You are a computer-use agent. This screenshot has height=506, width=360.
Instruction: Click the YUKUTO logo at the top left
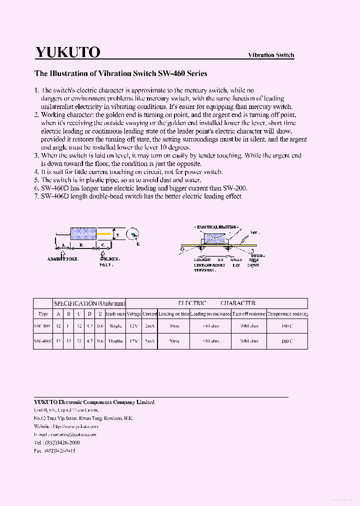(x=67, y=52)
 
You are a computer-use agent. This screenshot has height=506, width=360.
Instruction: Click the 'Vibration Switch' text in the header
(x=271, y=55)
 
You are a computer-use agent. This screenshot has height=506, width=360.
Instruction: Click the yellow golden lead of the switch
(x=103, y=233)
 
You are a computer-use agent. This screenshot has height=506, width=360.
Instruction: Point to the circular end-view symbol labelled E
(x=132, y=233)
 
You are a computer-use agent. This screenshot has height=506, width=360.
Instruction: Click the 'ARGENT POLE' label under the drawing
(x=62, y=259)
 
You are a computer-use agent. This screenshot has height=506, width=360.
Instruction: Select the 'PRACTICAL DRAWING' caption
(x=215, y=227)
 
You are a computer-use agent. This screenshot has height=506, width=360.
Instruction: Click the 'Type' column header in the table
(x=43, y=313)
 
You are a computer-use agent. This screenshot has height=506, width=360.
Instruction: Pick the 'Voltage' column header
(x=133, y=313)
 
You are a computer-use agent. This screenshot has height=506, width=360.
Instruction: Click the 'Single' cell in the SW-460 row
(x=115, y=326)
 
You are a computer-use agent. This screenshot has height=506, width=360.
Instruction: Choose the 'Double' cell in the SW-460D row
(x=115, y=341)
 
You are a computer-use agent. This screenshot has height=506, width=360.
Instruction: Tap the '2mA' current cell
(x=149, y=326)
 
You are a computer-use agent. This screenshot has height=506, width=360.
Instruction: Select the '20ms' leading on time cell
(x=173, y=341)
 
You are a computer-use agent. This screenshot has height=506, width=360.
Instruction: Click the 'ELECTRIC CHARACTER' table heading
(x=216, y=303)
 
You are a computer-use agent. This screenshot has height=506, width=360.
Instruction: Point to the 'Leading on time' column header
(x=173, y=313)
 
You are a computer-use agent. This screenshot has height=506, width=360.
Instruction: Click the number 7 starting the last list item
(x=36, y=196)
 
